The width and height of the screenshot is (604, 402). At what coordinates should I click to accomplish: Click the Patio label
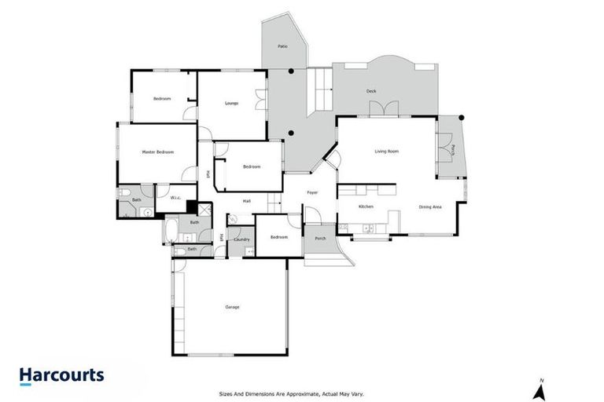coord(282,47)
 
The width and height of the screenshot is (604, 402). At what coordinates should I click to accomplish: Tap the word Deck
coord(371,91)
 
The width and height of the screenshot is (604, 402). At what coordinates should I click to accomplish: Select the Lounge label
coord(231,103)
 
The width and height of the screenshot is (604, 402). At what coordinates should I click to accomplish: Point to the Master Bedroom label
coord(157,152)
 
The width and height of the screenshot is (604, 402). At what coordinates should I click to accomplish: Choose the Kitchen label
coord(366,206)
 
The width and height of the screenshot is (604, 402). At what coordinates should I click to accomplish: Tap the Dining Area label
coord(430,206)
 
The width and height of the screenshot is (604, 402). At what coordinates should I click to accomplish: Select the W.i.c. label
coord(176,198)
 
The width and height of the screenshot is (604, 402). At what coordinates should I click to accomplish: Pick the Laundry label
coord(241,239)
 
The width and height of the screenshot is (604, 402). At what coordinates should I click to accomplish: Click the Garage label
coord(231,306)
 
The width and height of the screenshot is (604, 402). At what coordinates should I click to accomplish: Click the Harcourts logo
coord(61,375)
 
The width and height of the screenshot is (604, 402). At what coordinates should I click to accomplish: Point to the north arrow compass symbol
coord(541,388)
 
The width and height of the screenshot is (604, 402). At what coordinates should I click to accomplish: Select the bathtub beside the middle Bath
coord(169,231)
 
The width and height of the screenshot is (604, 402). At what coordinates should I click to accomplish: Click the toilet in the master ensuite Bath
coord(125,194)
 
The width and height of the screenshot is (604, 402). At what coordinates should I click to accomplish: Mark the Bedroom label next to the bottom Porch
coord(279,236)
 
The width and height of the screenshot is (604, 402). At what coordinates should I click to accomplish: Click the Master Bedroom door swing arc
coord(187,174)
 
